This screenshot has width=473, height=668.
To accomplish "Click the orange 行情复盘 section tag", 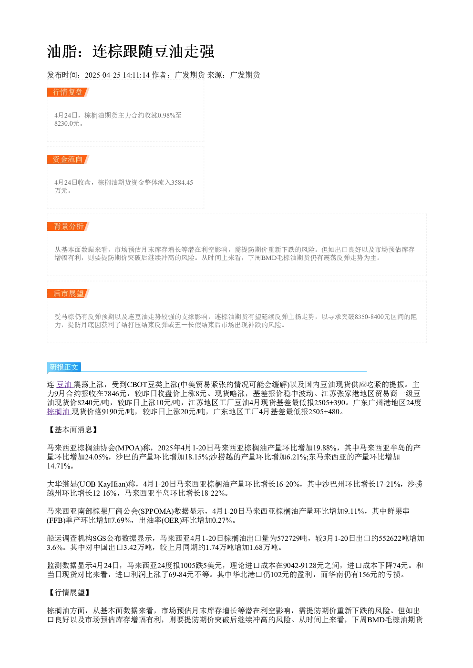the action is coord(68,92).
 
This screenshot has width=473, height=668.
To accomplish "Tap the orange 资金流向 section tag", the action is coord(68,159).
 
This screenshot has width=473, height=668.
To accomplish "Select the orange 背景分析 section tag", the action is coord(68,226).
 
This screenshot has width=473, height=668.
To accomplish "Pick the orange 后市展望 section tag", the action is coord(68,293).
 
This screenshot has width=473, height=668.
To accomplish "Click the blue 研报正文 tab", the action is coord(64,367).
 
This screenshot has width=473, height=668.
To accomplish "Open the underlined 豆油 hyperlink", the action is coord(64,384).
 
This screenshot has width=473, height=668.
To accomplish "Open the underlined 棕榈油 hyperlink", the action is coord(59,411).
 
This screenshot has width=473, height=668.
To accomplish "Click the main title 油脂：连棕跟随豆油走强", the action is coord(131,51).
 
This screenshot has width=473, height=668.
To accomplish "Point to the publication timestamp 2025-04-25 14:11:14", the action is coord(117,75).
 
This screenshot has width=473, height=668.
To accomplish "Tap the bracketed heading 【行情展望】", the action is coord(69,592).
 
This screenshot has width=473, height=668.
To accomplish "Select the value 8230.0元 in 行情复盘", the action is coord(67,123).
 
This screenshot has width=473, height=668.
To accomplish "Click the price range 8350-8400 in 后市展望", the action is coord(369,317).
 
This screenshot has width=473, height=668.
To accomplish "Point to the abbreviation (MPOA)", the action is coord(129,448).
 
